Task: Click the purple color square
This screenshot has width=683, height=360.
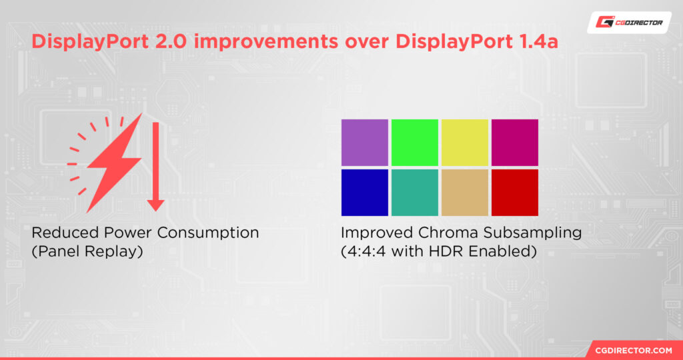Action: click(x=364, y=142)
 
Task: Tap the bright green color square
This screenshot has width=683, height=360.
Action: click(x=414, y=142)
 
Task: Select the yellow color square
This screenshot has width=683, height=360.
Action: click(x=464, y=142)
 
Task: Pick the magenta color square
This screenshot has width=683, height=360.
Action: click(x=514, y=142)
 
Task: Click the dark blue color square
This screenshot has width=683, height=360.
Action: click(x=364, y=192)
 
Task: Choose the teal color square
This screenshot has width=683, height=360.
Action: click(x=414, y=192)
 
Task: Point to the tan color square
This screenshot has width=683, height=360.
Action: click(x=464, y=192)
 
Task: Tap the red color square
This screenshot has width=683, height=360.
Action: click(x=514, y=192)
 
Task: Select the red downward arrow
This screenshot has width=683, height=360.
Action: click(x=155, y=167)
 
